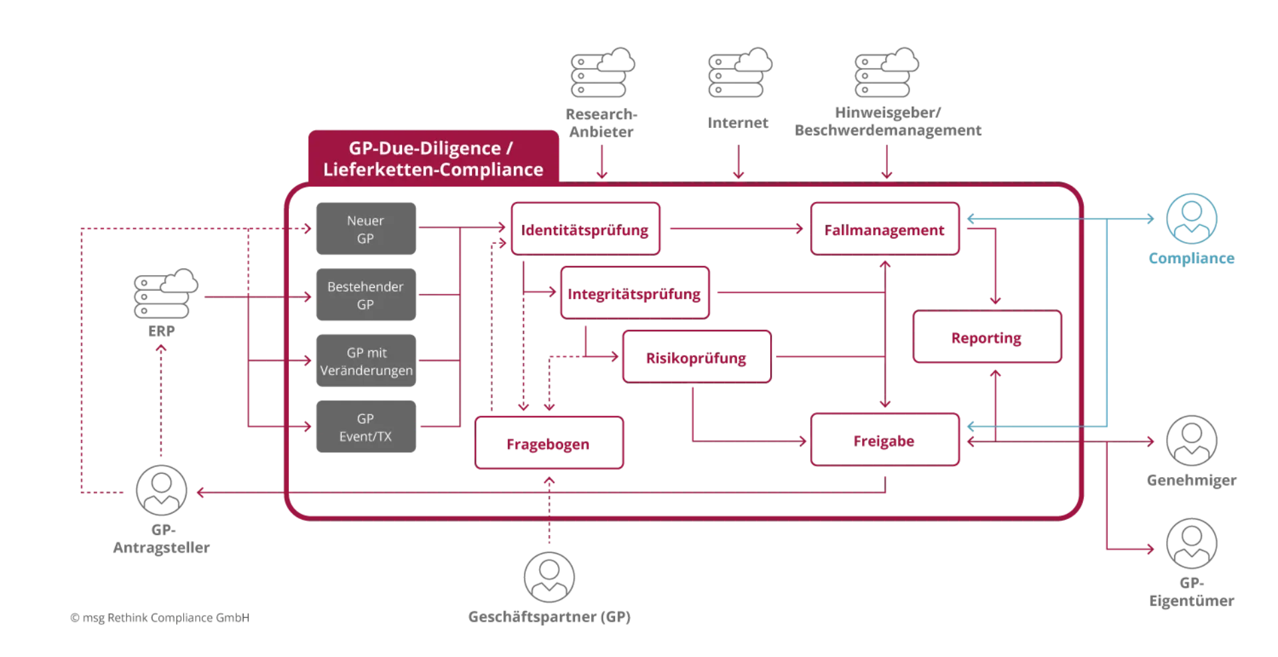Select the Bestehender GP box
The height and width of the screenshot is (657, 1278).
(x=367, y=295)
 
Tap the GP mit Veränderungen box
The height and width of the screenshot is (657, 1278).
(x=367, y=360)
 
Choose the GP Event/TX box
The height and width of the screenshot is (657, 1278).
(x=367, y=427)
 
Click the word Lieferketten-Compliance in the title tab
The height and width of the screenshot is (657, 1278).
(x=433, y=170)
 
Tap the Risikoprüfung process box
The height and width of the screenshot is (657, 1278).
(x=696, y=358)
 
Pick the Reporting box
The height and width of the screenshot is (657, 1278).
(x=986, y=338)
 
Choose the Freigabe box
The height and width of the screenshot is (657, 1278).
(x=885, y=440)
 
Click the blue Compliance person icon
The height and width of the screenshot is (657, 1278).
(x=1191, y=218)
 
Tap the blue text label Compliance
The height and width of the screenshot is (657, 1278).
(x=1191, y=259)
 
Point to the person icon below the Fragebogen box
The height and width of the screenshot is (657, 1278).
(x=550, y=577)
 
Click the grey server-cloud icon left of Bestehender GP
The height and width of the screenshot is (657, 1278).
(x=166, y=293)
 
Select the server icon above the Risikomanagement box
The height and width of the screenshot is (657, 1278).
(x=886, y=72)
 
